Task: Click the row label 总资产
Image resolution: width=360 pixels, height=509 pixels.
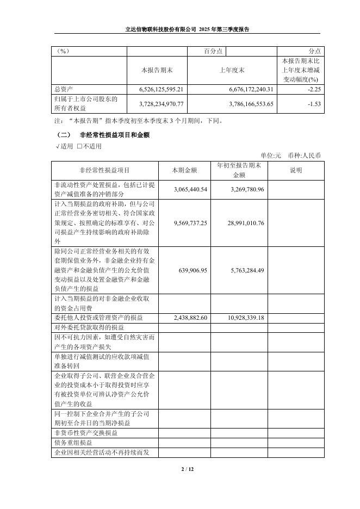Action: click(64, 89)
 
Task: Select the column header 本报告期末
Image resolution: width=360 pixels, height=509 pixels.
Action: click(157, 70)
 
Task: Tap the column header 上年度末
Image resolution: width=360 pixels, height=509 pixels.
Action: click(232, 70)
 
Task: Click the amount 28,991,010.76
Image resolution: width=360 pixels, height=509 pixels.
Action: click(244, 223)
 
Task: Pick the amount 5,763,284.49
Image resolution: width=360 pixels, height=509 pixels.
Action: click(244, 270)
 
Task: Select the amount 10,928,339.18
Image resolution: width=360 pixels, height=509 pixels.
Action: click(244, 318)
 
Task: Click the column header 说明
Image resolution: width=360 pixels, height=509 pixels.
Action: click(296, 170)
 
